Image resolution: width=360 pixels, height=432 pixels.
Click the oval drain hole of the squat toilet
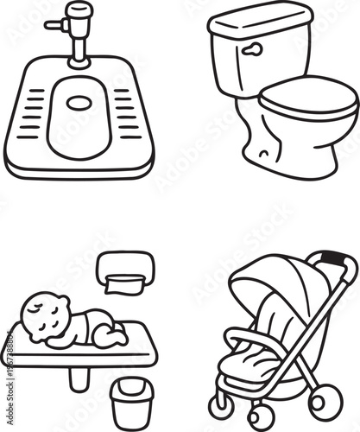click(79, 102)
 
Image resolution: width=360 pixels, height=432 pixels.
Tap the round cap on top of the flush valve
click(79, 10)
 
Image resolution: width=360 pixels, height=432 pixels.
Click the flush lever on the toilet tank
click(251, 50)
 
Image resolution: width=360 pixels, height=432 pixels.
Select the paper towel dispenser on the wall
click(126, 272)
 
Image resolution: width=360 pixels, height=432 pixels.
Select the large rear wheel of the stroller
click(325, 402)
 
